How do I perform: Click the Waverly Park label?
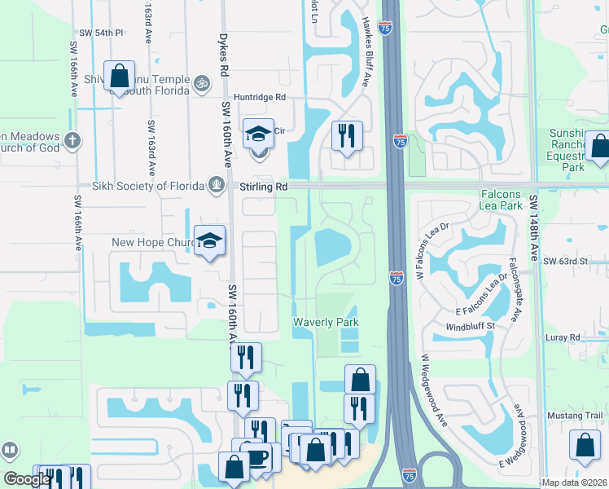pos(326,323)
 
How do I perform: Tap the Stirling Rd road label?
pos(264,187)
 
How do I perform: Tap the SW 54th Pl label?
pos(101,33)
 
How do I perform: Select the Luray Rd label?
pos(563,337)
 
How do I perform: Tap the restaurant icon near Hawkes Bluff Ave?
pos(347,136)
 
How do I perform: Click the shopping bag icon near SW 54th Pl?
pos(120,77)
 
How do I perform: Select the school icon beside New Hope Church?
pos(210,241)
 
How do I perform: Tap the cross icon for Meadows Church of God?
pos(72,141)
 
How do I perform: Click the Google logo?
pos(26,479)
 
